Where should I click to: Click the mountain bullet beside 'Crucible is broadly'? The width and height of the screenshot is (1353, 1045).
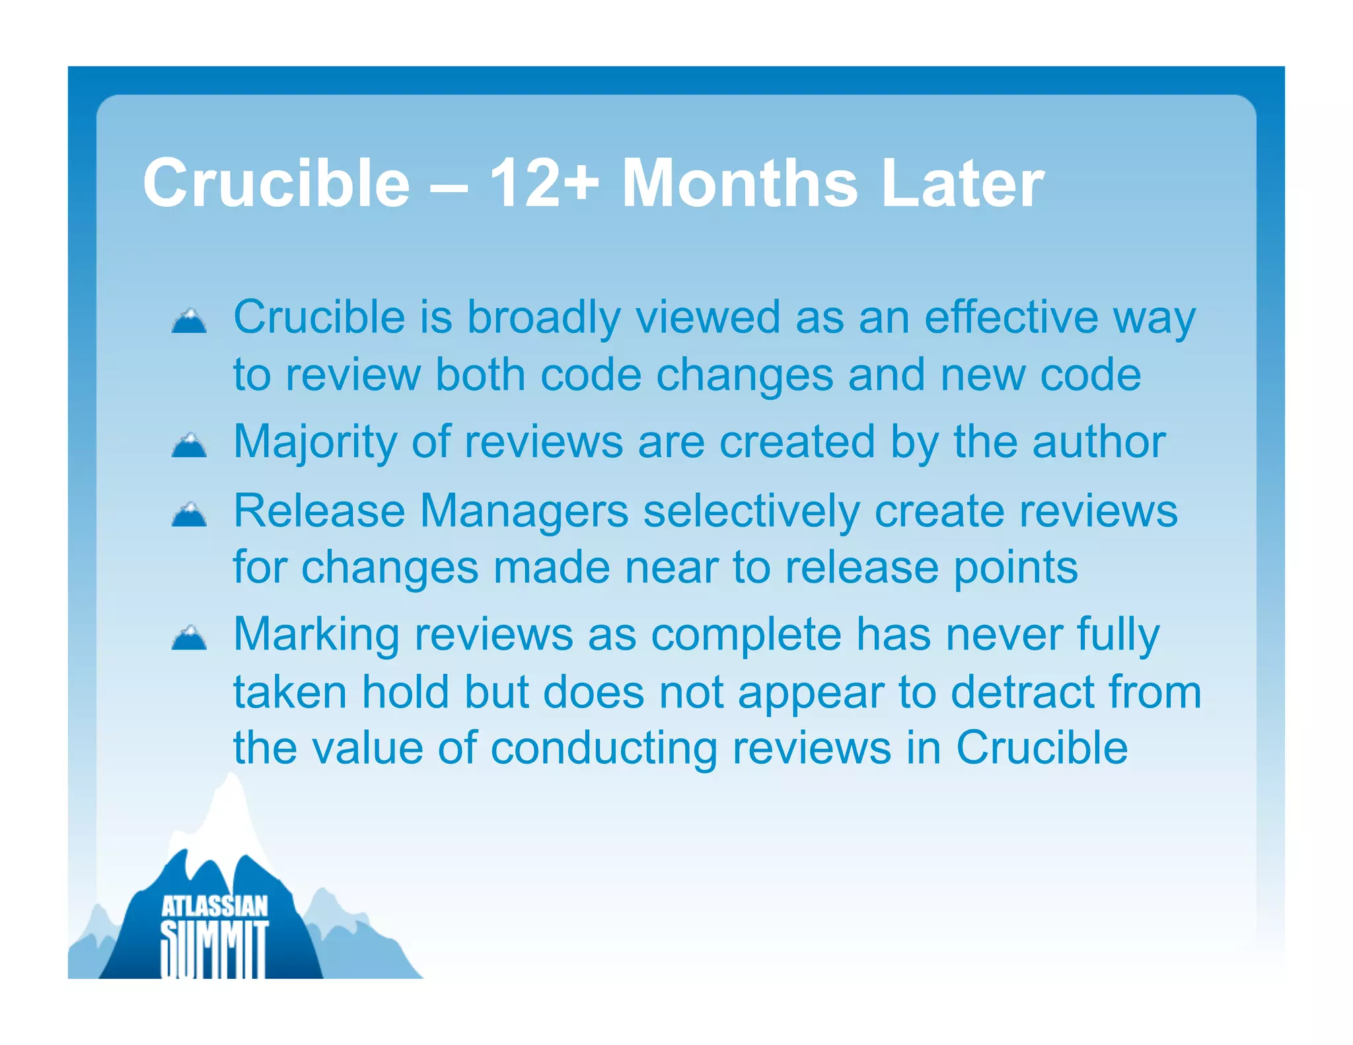click(189, 321)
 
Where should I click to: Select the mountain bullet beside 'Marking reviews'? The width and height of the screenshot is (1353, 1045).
click(189, 638)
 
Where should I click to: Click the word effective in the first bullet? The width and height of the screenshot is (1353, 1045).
click(1011, 317)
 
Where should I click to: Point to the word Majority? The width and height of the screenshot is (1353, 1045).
click(315, 443)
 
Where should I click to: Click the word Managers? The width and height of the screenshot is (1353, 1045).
click(524, 511)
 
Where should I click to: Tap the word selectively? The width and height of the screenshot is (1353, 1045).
click(751, 511)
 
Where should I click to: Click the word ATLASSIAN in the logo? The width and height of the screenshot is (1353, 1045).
click(215, 907)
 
